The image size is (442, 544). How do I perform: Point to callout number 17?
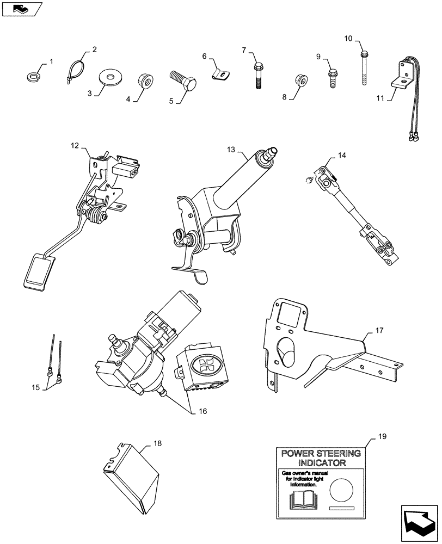(x=379, y=330)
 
